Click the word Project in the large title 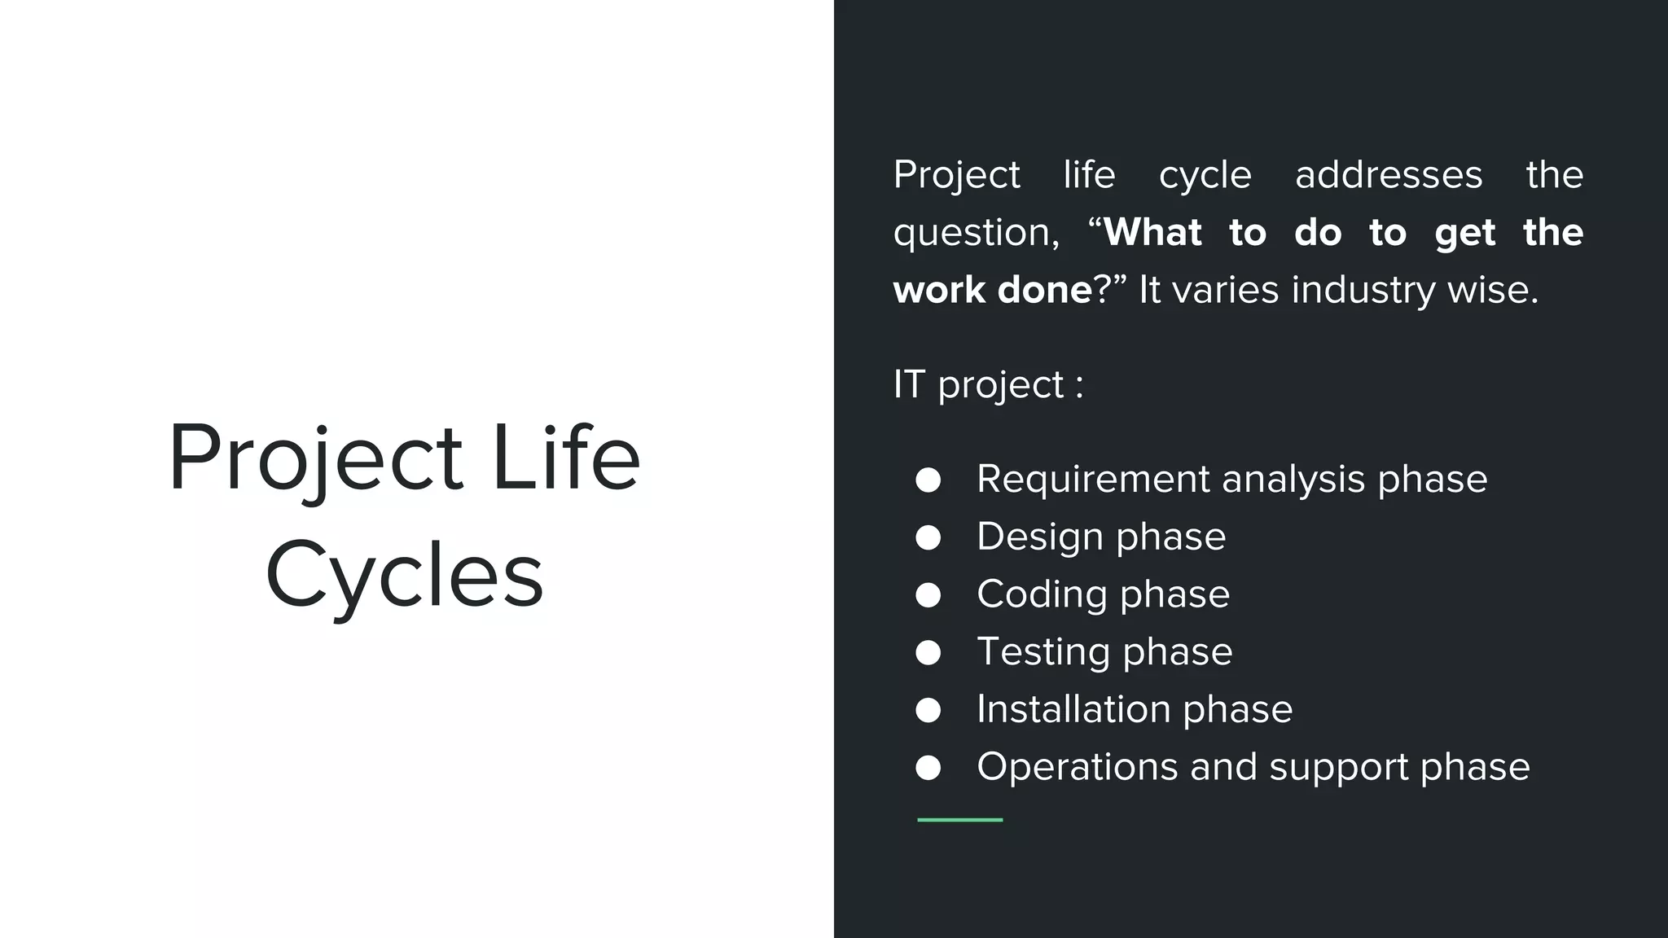coord(315,458)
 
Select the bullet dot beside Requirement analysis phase coord(928,480)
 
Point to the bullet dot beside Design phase coord(928,537)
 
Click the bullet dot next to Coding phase coord(928,595)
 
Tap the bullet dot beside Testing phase coord(928,652)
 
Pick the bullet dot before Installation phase coord(928,710)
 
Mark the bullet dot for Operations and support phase coord(928,768)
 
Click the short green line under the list coord(959,820)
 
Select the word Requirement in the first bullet coord(1093,480)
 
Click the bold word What coord(1152,233)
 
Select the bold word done coord(1045,291)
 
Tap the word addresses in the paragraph coord(1389,175)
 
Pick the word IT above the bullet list coord(909,384)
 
